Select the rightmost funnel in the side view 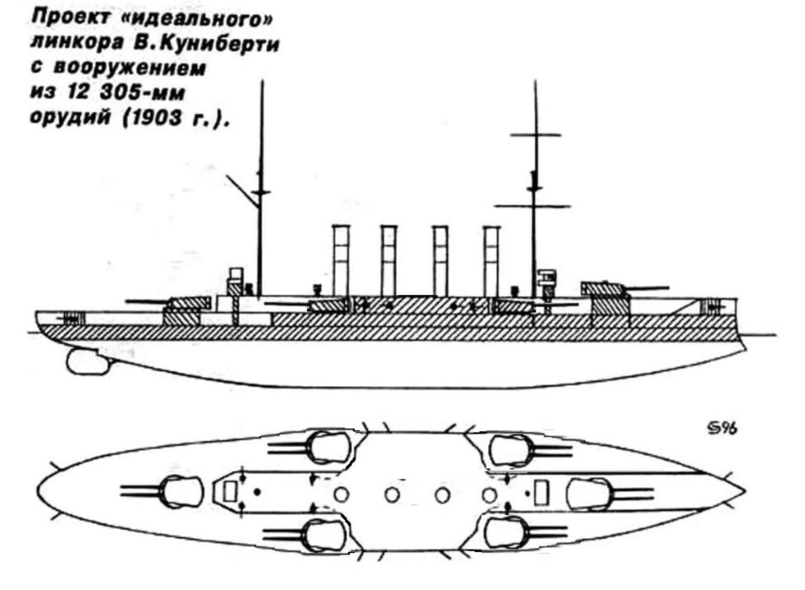coord(492,260)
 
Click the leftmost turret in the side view coord(184,304)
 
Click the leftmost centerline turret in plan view coord(183,491)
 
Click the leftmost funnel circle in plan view coord(341,494)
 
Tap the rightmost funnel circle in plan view coord(489,494)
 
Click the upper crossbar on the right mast coord(536,136)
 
